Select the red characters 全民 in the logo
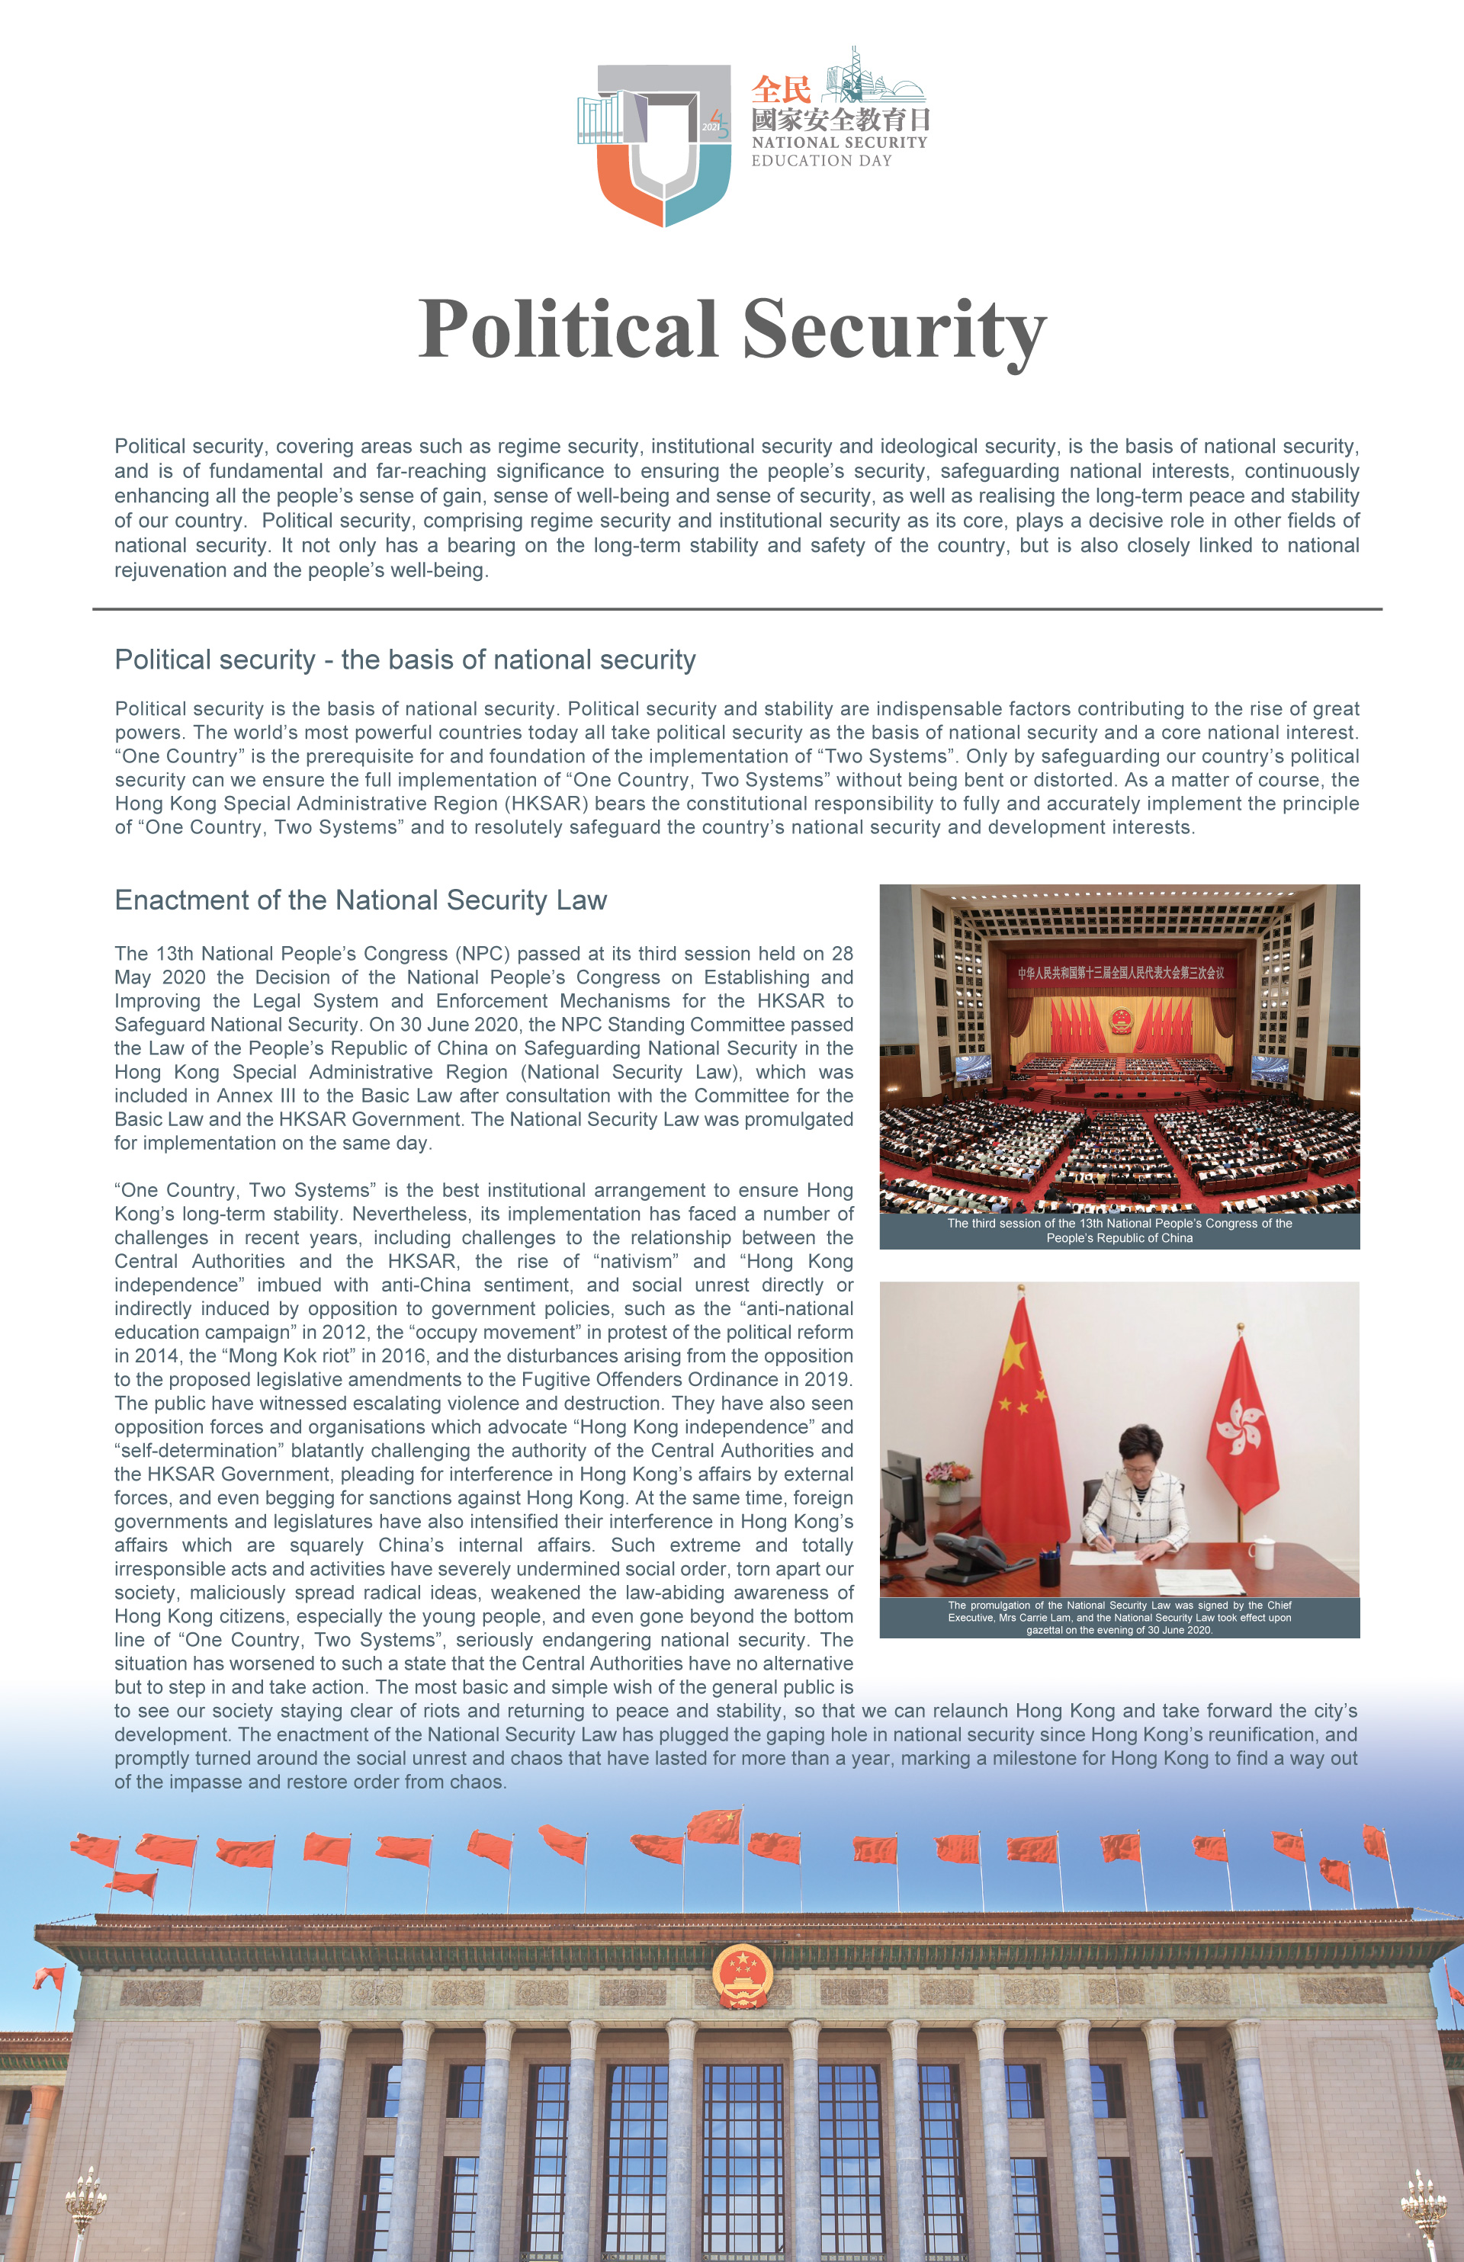point(781,90)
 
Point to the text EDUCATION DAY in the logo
point(821,162)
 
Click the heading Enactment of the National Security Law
point(361,900)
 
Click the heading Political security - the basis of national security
point(405,659)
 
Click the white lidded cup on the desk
point(1261,1552)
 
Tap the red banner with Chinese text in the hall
point(1120,972)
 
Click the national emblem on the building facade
point(743,1975)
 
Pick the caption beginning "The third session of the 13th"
point(1119,1230)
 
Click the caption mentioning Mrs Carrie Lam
point(1119,1618)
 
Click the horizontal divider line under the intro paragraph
point(737,609)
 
